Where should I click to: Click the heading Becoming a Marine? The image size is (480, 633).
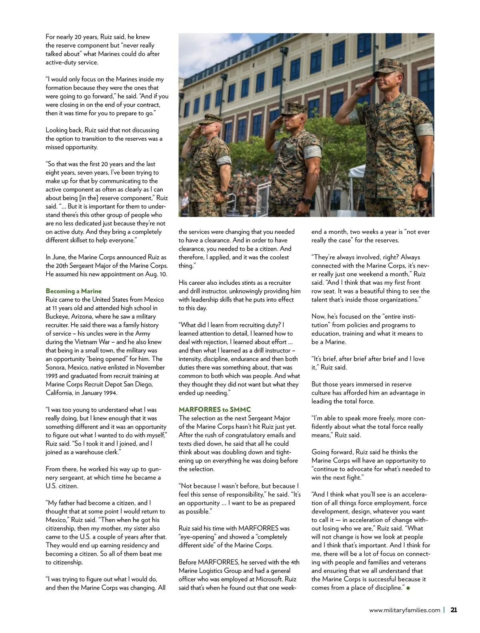click(74, 291)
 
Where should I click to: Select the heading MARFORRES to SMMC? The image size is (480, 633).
click(215, 410)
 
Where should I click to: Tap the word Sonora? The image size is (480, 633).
click(56, 368)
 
